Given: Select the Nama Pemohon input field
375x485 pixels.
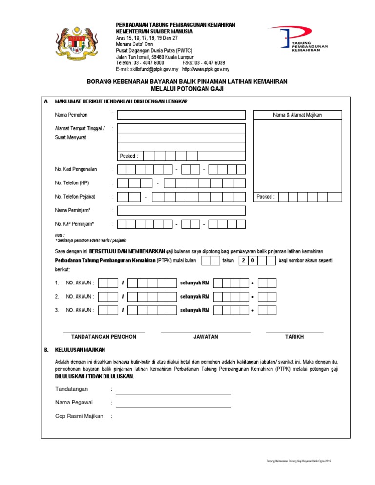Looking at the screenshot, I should (x=181, y=115).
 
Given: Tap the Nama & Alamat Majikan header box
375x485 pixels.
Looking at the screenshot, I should (x=297, y=115).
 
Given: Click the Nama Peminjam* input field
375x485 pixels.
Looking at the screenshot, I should (x=181, y=210).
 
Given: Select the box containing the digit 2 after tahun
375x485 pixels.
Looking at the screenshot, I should (x=243, y=261).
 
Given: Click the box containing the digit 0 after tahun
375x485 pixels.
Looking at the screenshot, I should (x=252, y=261).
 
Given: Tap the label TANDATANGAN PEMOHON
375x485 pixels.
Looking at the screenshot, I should (x=104, y=337).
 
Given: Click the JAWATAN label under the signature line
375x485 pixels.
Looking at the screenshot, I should (x=206, y=337).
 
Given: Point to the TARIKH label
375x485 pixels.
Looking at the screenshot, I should (x=294, y=337).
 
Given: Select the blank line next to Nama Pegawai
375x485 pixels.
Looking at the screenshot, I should (x=173, y=404).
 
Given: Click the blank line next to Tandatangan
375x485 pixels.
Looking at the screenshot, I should (x=173, y=390).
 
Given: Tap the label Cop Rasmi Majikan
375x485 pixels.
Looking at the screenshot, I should (x=79, y=416).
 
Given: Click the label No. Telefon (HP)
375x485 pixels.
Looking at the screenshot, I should (x=72, y=183).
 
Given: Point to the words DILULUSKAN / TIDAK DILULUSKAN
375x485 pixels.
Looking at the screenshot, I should (x=94, y=377).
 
